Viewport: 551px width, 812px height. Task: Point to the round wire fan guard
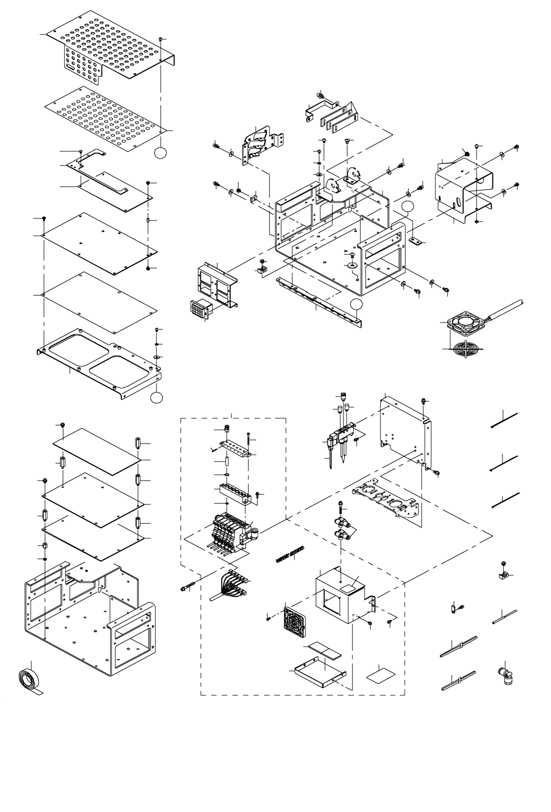click(x=464, y=350)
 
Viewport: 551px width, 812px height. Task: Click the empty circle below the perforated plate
click(x=161, y=153)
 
